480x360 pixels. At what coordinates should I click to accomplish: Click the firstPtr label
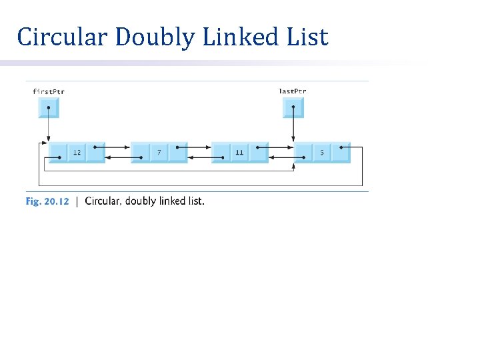[49, 91]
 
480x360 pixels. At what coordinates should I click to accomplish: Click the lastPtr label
[293, 91]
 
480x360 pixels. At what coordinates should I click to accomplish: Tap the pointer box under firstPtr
[49, 107]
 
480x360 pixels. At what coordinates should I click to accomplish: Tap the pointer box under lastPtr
[293, 107]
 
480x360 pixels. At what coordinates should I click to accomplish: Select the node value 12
[77, 153]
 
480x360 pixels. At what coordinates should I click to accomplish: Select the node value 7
[159, 153]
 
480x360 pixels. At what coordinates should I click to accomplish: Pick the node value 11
[239, 153]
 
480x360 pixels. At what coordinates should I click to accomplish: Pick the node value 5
[322, 153]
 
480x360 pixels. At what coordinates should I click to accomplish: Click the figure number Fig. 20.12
[47, 201]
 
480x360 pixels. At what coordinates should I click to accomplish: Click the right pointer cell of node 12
[95, 153]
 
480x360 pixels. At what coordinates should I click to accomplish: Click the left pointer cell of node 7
[140, 153]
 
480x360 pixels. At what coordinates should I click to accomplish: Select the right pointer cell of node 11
[259, 153]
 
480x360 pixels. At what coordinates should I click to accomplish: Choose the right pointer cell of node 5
[341, 153]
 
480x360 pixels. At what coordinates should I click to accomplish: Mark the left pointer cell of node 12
[59, 153]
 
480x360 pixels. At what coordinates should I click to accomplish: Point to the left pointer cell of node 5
[303, 153]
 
